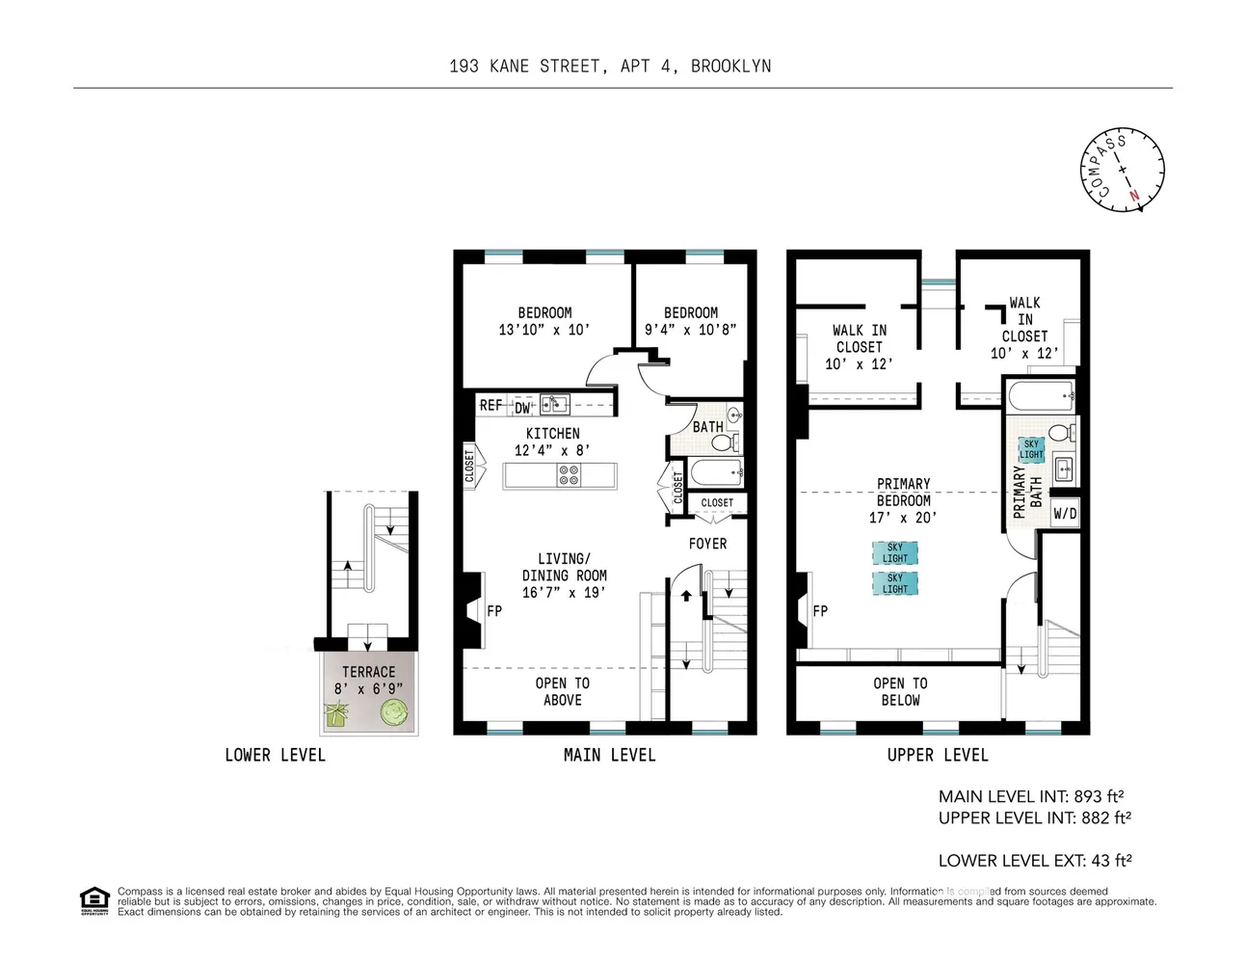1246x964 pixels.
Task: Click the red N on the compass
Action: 1135,196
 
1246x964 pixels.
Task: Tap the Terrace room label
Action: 368,672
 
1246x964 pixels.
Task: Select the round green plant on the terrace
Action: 395,712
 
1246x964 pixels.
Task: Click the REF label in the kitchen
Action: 490,406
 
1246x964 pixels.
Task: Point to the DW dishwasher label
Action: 522,408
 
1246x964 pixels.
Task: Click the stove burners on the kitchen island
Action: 569,475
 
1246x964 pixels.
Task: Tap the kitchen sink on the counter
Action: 554,404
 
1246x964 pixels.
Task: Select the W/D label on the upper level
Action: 1065,514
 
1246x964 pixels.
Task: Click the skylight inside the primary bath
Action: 1031,449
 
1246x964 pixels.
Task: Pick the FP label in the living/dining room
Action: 494,611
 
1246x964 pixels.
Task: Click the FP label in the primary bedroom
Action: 820,611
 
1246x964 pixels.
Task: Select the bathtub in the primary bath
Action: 1041,394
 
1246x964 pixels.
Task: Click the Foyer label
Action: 707,544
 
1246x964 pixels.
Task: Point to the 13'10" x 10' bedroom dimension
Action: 543,330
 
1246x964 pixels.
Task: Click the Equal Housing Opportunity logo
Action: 93,900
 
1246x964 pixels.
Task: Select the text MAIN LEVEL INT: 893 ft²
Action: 1031,796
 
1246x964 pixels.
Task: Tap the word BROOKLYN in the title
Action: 730,67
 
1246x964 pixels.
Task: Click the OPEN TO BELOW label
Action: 900,691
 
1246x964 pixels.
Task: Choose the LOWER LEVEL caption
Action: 275,755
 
